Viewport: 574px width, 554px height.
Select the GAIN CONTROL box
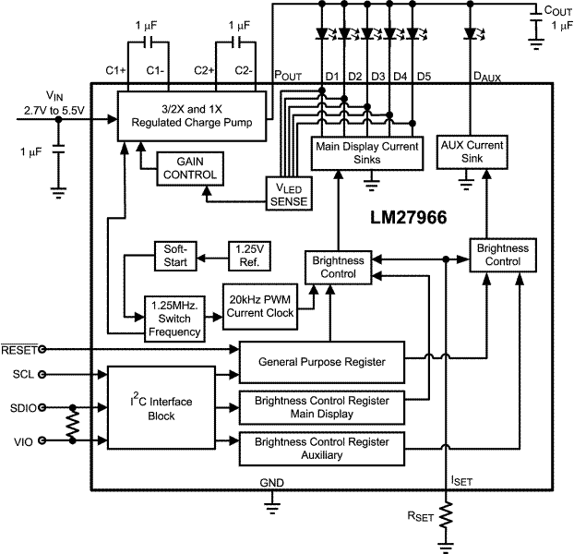point(190,167)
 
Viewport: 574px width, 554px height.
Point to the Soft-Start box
point(175,257)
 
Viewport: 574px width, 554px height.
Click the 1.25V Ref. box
point(248,257)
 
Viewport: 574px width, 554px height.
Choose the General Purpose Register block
point(320,361)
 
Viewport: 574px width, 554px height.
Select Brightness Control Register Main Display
point(320,407)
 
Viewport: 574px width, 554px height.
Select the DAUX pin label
point(486,77)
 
